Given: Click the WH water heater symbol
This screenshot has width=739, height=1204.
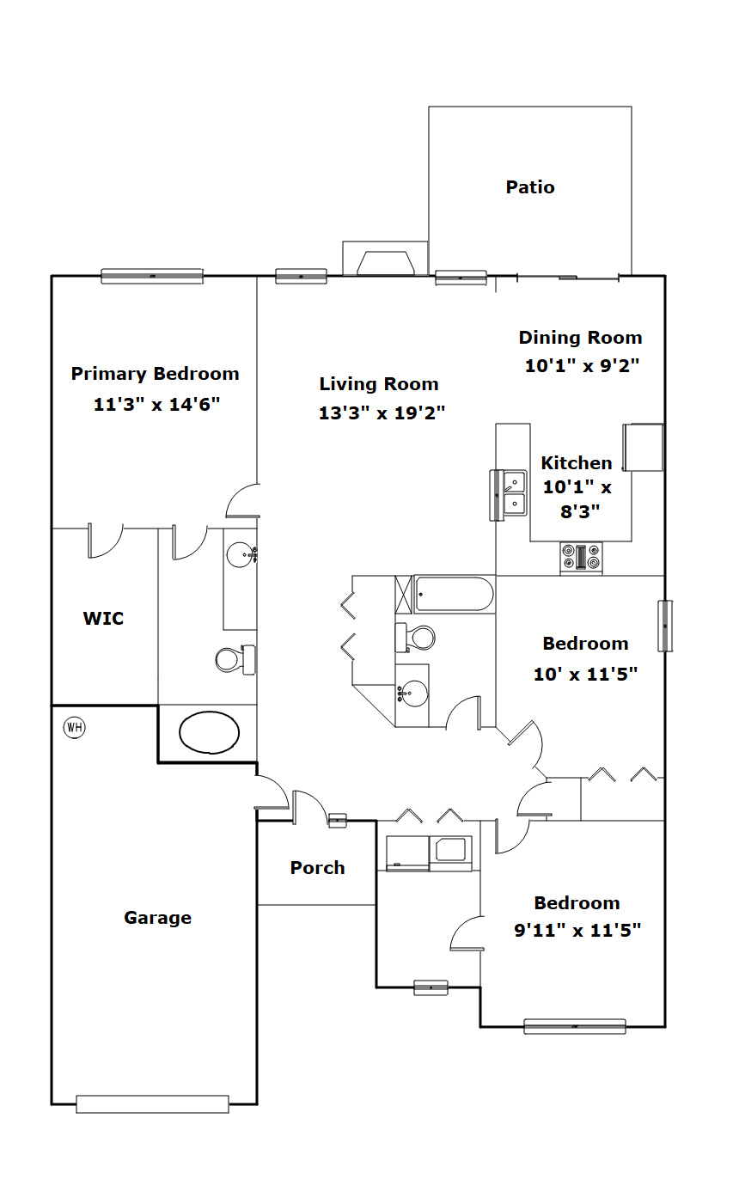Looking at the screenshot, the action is click(x=74, y=727).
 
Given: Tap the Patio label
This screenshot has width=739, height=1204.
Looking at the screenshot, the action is click(x=530, y=187).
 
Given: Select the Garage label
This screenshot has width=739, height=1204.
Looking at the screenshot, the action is click(x=157, y=918).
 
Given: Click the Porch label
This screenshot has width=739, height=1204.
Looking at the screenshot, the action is click(x=317, y=867).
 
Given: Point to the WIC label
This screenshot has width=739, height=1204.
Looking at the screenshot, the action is click(x=103, y=618).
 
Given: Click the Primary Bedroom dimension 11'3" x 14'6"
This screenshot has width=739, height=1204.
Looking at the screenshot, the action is click(x=156, y=404).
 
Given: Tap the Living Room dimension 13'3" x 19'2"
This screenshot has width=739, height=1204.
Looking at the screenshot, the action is click(x=382, y=413).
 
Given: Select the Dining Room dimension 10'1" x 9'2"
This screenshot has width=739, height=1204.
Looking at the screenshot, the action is click(x=582, y=365).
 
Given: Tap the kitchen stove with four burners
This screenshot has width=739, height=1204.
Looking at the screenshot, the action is click(x=581, y=557).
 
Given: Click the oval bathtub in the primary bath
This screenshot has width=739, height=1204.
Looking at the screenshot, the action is click(x=209, y=732).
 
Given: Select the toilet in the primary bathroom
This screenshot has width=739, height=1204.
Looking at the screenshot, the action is click(x=235, y=659).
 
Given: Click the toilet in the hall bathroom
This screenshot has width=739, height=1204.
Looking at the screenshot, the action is click(x=415, y=638).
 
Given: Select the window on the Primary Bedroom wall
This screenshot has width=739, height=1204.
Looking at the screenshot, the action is click(x=152, y=276).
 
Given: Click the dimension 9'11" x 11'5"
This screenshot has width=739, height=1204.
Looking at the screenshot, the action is click(x=577, y=930).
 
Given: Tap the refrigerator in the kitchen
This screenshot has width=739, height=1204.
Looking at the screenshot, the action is click(x=643, y=447).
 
